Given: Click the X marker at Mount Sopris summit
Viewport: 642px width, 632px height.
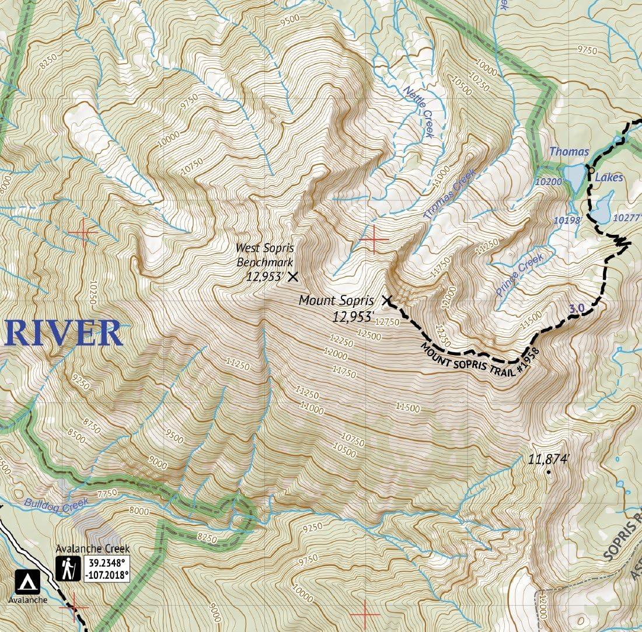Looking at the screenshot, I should [386, 301].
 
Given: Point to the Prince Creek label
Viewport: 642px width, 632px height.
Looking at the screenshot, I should [520, 275].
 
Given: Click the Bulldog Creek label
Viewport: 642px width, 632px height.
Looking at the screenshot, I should [56, 503].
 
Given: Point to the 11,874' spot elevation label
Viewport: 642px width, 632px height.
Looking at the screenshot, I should [548, 459].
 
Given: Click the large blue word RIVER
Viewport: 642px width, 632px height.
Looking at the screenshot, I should [63, 334].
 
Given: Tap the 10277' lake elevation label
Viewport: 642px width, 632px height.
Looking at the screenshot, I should [627, 217].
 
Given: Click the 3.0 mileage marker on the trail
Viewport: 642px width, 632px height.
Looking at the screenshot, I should [575, 307].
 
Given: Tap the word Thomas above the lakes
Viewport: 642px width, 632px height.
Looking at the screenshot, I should [568, 152].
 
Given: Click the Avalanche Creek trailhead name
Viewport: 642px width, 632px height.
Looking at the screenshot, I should [93, 549].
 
